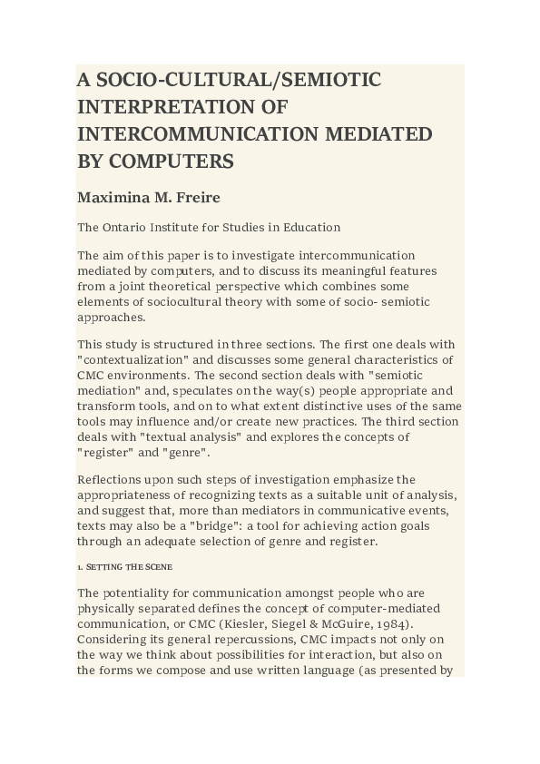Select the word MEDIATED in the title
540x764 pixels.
pyautogui.click(x=374, y=134)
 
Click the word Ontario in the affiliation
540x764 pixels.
pyautogui.click(x=133, y=228)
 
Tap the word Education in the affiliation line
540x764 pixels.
pyautogui.click(x=310, y=228)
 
